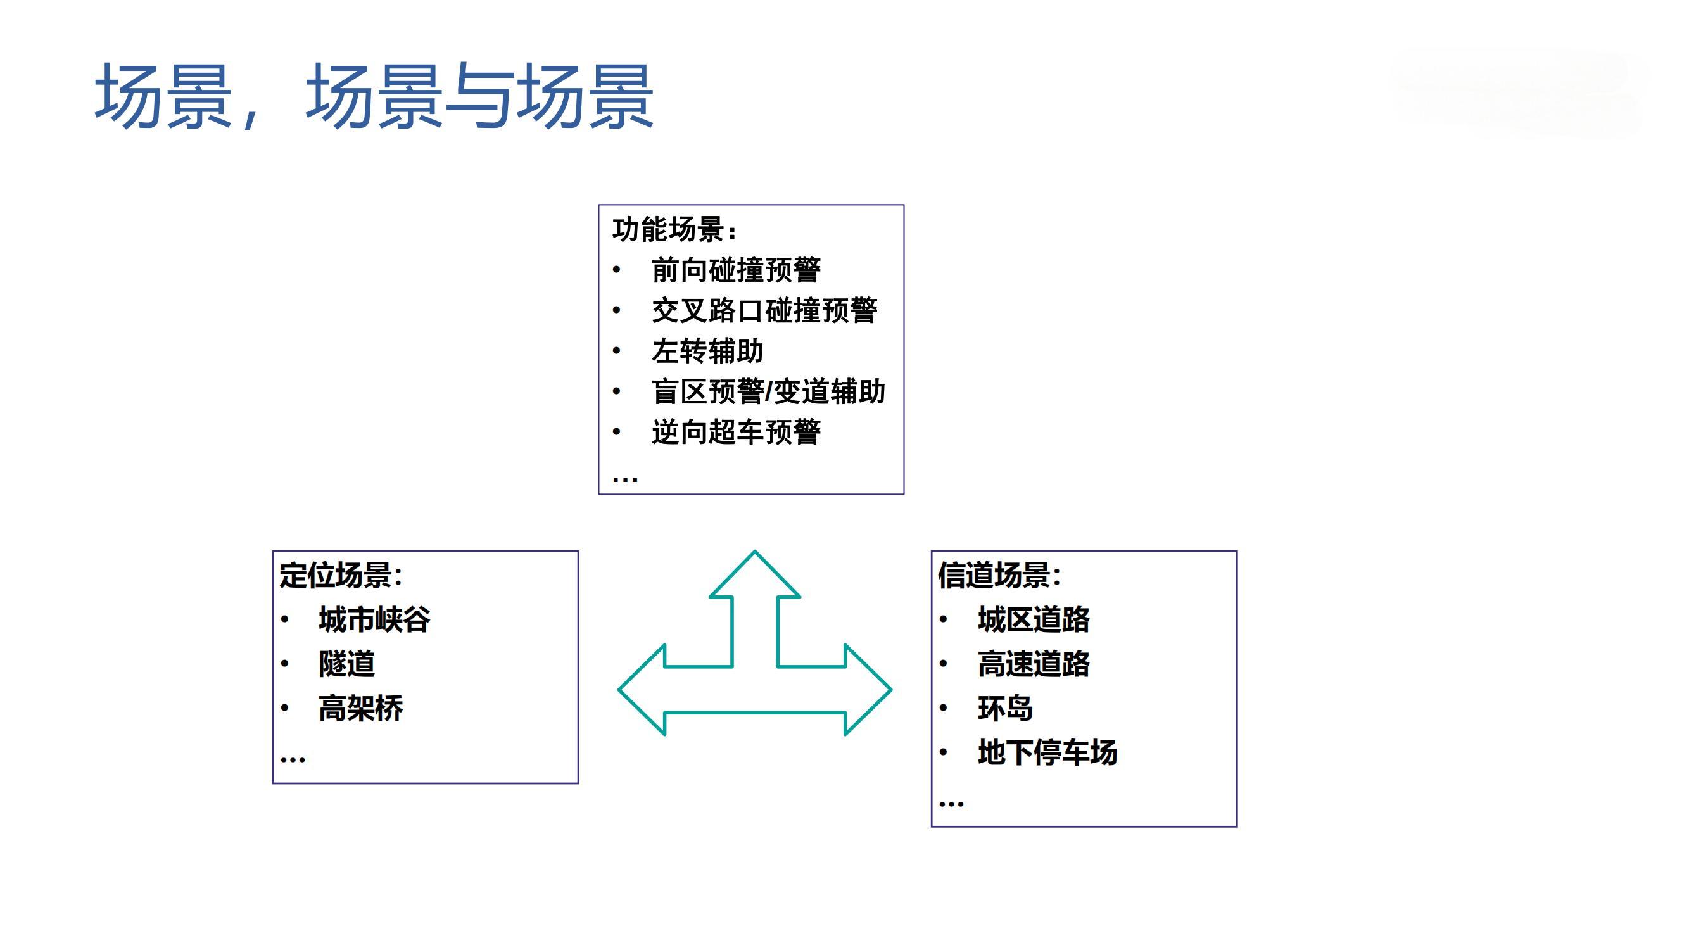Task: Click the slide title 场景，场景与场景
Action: (x=374, y=97)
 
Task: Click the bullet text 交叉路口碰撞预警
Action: (x=764, y=311)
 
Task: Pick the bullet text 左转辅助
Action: (x=707, y=351)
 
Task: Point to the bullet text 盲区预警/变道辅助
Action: (x=768, y=392)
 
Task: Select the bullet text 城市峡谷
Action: (x=374, y=619)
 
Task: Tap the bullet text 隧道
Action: (x=347, y=664)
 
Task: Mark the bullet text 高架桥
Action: (x=360, y=709)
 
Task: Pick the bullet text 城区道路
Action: (x=1034, y=619)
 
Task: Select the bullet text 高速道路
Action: (x=1034, y=664)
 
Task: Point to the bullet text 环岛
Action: (x=1005, y=709)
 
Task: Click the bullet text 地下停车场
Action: (x=1047, y=752)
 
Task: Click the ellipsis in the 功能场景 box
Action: (x=625, y=479)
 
